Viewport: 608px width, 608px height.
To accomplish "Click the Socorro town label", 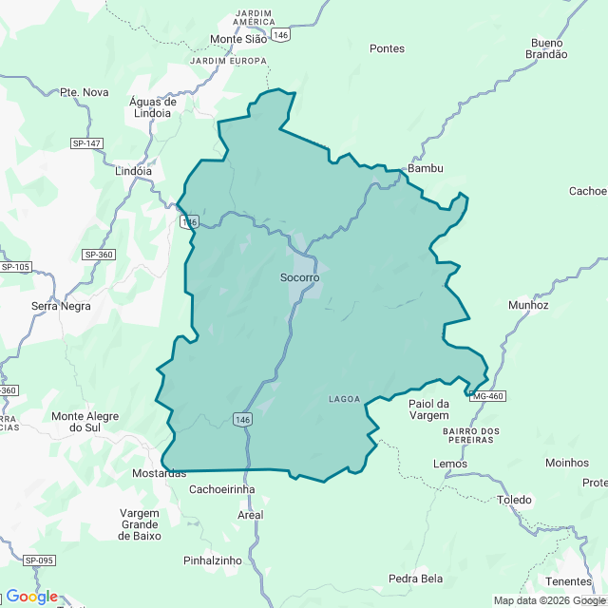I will pyautogui.click(x=299, y=277).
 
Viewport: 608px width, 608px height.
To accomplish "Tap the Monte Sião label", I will pyautogui.click(x=238, y=40).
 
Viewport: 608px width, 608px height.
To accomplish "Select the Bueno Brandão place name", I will pyautogui.click(x=546, y=48).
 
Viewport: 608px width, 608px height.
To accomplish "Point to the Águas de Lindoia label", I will pyautogui.click(x=153, y=107).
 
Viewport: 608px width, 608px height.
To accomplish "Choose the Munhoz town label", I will pyautogui.click(x=528, y=306).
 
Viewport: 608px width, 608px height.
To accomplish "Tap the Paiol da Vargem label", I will pyautogui.click(x=428, y=410).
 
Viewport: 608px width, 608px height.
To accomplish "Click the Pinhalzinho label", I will pyautogui.click(x=213, y=560).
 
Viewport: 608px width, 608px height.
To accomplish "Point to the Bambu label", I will pyautogui.click(x=425, y=168).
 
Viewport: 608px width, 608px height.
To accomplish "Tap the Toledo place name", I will pyautogui.click(x=514, y=500).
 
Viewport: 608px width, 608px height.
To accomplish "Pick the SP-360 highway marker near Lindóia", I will pyautogui.click(x=98, y=255).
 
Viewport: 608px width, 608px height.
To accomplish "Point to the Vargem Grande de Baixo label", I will pyautogui.click(x=140, y=524).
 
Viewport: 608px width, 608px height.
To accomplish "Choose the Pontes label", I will pyautogui.click(x=387, y=48).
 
